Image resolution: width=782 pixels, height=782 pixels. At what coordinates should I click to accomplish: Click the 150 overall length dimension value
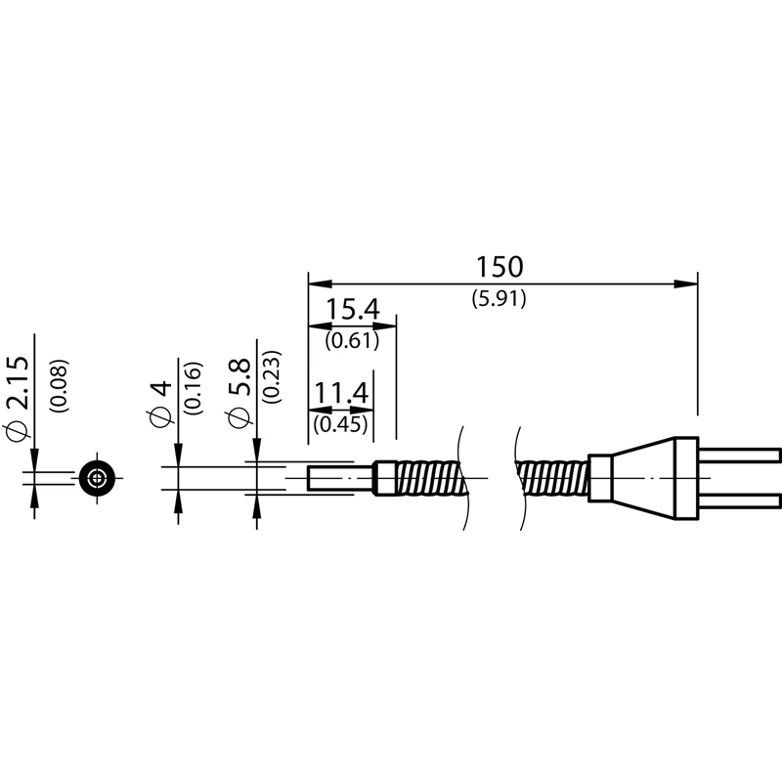pyautogui.click(x=500, y=267)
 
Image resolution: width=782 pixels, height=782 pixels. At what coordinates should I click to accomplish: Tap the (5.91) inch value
pyautogui.click(x=500, y=299)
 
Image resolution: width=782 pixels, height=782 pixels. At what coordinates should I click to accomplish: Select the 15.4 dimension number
pyautogui.click(x=353, y=309)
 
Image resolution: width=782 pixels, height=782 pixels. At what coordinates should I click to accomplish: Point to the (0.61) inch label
pyautogui.click(x=352, y=341)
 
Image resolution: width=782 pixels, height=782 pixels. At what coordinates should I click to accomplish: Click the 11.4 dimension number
pyautogui.click(x=341, y=393)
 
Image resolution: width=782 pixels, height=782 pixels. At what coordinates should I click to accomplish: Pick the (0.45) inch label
pyautogui.click(x=341, y=424)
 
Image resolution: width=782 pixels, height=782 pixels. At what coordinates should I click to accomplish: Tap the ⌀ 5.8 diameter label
pyautogui.click(x=239, y=392)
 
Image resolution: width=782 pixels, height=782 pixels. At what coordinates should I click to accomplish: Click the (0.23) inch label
pyautogui.click(x=272, y=377)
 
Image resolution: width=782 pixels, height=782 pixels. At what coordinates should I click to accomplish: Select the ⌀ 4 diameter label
pyautogui.click(x=159, y=404)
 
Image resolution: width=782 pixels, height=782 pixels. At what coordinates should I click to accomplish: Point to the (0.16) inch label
pyautogui.click(x=194, y=388)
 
